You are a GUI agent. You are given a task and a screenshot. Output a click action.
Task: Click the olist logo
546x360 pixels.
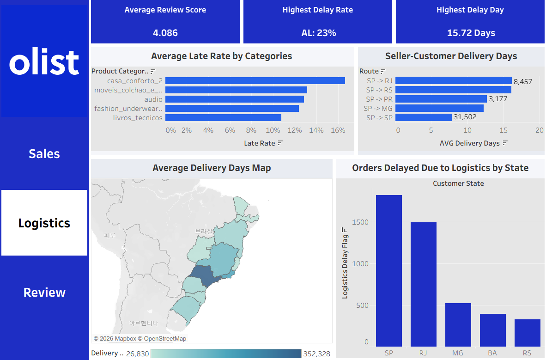(44, 62)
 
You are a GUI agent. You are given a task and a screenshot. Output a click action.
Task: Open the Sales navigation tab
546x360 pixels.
(44, 154)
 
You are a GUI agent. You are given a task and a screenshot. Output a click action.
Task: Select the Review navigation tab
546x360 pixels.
(44, 293)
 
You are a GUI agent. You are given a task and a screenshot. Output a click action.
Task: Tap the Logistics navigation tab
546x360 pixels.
(44, 223)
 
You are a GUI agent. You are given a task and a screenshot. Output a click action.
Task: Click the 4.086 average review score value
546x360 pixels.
(165, 33)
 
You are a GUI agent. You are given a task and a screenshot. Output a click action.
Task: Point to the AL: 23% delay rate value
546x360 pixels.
(319, 33)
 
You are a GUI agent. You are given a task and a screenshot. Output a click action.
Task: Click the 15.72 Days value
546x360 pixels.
(471, 33)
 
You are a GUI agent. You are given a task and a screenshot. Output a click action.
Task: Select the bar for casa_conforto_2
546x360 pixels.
(255, 81)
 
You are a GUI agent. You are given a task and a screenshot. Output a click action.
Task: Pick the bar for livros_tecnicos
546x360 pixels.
(223, 118)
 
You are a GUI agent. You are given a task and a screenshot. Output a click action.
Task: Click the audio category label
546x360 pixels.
(153, 99)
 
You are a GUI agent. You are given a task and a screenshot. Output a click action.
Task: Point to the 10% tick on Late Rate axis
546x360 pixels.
(273, 130)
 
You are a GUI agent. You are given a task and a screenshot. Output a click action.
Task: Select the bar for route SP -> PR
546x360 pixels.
(441, 99)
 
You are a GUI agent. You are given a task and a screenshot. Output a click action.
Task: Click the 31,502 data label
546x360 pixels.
(465, 117)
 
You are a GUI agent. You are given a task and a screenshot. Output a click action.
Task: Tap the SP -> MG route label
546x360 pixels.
(378, 109)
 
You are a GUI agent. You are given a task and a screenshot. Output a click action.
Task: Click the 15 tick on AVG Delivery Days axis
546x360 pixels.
(503, 130)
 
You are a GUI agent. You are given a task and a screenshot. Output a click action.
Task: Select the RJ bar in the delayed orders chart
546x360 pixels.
(424, 284)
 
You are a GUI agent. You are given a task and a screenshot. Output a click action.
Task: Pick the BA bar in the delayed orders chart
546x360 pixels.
(493, 330)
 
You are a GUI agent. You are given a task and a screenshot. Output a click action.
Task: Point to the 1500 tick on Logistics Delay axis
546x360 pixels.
(360, 222)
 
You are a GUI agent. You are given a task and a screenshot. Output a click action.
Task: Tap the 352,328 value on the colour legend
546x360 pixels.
(316, 354)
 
